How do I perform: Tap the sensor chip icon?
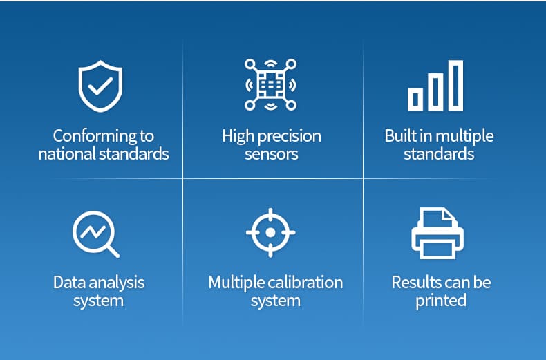[x=270, y=84]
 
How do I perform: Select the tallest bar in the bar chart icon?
[x=455, y=86]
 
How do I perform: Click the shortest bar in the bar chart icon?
[x=415, y=100]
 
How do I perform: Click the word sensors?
[x=271, y=154]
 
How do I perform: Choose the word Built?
[x=401, y=135]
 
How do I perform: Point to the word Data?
[x=69, y=283]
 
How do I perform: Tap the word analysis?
[x=117, y=283]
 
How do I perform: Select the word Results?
[x=413, y=283]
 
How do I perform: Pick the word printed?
[x=441, y=301]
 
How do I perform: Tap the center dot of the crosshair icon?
[x=270, y=233]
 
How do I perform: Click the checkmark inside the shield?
[x=100, y=86]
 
